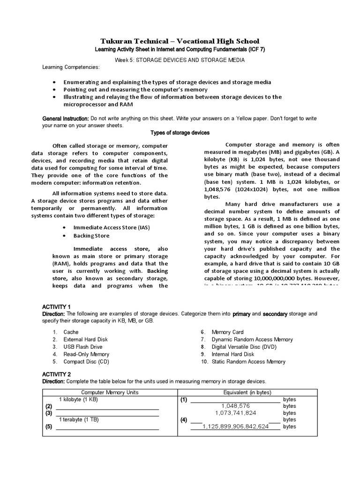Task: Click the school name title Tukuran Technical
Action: click(x=180, y=41)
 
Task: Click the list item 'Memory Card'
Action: click(x=227, y=332)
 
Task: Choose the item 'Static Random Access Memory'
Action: click(x=248, y=362)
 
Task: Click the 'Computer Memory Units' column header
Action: click(x=110, y=392)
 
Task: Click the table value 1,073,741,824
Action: click(x=235, y=413)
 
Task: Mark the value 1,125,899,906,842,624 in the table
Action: click(x=235, y=427)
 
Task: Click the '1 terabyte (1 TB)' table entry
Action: click(x=79, y=420)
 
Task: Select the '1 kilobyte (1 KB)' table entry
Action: click(x=79, y=399)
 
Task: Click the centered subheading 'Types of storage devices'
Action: click(x=180, y=133)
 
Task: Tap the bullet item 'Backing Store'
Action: click(x=91, y=236)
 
